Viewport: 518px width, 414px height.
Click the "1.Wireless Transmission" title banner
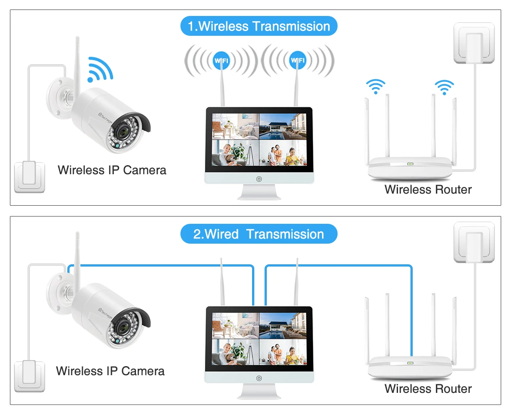259,26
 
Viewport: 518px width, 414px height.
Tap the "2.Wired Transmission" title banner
259,234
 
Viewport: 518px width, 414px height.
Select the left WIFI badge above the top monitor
221,60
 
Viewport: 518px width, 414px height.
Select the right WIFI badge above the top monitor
297,60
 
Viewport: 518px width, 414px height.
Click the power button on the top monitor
259,179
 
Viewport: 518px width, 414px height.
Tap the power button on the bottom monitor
259,378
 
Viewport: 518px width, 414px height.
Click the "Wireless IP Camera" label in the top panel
112,170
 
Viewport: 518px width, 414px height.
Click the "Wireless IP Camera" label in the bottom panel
110,371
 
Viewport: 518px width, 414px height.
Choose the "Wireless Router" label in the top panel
428,189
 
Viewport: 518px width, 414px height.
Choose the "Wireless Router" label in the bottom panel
428,389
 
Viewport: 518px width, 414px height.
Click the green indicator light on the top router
410,164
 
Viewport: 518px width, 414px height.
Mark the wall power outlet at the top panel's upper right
474,43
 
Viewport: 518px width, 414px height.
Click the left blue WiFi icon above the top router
376,86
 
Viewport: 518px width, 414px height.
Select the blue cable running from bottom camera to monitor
160,265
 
